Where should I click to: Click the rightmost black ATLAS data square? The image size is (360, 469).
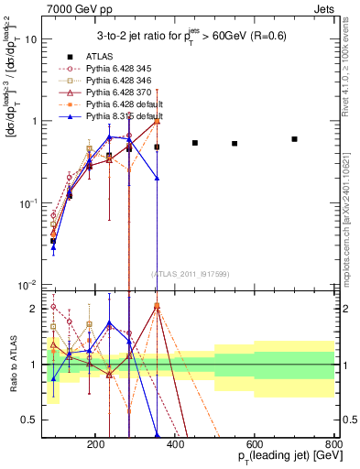point(294,139)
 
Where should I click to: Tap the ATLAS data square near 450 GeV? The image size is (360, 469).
point(195,143)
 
